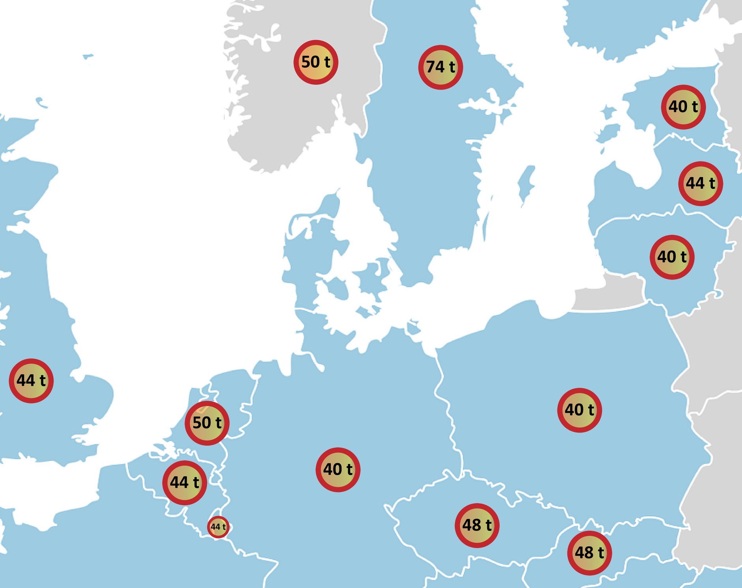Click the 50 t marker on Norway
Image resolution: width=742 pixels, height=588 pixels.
point(316,62)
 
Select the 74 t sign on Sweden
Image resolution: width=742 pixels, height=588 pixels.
point(440,67)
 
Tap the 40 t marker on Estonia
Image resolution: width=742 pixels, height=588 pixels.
point(683,107)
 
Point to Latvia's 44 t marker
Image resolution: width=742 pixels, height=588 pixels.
point(701,184)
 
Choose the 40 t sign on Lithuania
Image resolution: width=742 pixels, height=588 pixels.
point(672,257)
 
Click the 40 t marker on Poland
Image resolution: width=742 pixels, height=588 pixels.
point(579,410)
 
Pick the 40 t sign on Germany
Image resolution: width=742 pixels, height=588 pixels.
point(338,470)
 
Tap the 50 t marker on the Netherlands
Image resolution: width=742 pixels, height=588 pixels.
point(207,423)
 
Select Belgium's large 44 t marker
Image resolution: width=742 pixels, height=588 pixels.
point(185,483)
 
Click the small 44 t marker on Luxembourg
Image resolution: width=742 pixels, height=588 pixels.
point(218,527)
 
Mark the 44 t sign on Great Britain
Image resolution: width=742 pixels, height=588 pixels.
point(31,381)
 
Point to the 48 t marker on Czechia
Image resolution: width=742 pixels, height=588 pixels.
point(477,526)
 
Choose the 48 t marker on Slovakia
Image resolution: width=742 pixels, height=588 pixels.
point(589,553)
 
